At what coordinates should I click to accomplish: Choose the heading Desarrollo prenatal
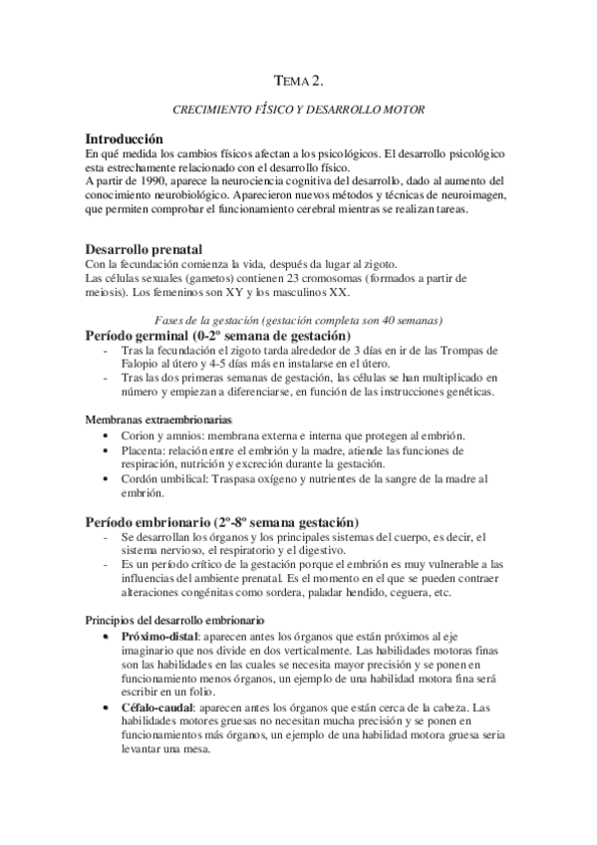[144, 248]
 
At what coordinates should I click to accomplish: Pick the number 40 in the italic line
[375, 320]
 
